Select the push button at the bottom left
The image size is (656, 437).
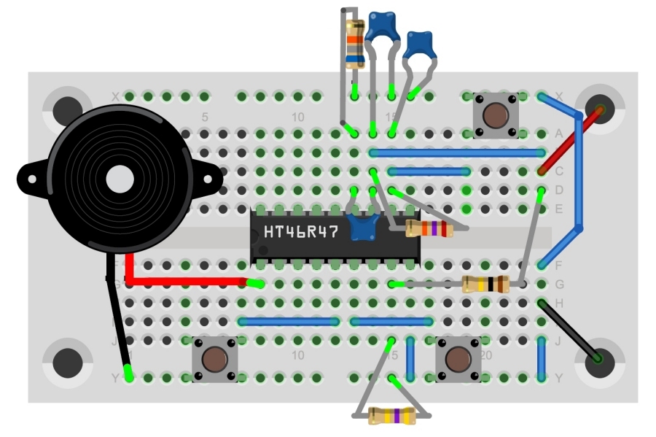pos(214,358)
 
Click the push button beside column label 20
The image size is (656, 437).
pos(458,358)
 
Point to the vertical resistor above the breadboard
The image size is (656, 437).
pos(355,44)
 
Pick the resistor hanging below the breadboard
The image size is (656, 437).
pos(393,416)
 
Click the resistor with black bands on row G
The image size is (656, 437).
pos(485,285)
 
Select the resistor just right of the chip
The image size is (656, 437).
pos(430,230)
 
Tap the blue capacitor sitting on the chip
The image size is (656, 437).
pos(363,228)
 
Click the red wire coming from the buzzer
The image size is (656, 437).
pos(190,281)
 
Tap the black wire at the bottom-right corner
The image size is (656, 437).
pos(570,330)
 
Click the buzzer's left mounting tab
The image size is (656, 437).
pos(29,177)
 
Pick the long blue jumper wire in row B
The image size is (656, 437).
pos(458,153)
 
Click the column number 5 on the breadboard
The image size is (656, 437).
pos(205,117)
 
